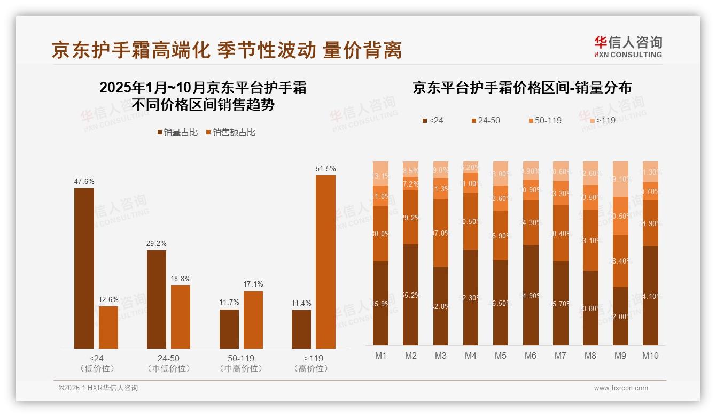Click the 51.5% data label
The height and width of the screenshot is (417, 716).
pyautogui.click(x=325, y=169)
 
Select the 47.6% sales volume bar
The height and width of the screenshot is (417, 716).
pyautogui.click(x=84, y=268)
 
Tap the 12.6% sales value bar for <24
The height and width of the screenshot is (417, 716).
pyautogui.click(x=108, y=327)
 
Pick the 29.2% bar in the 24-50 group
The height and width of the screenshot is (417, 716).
pyautogui.click(x=156, y=299)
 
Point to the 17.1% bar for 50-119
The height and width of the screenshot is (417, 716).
pyautogui.click(x=253, y=320)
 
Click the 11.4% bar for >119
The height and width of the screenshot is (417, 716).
pyautogui.click(x=301, y=329)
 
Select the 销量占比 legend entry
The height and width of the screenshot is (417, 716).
pyautogui.click(x=178, y=133)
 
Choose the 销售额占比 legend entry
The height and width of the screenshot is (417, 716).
pyautogui.click(x=230, y=133)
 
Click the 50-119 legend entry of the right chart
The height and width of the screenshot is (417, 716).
pyautogui.click(x=544, y=121)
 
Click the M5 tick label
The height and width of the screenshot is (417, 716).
pyautogui.click(x=500, y=356)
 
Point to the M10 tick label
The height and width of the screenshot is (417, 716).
pyautogui.click(x=650, y=356)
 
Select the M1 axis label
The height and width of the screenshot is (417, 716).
pyautogui.click(x=380, y=356)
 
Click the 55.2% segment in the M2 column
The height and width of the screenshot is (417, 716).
pyautogui.click(x=411, y=295)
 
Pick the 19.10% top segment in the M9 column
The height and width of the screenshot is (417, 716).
pyautogui.click(x=620, y=179)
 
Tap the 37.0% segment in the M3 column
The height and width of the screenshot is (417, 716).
pyautogui.click(x=441, y=233)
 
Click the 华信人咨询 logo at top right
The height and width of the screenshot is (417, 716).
pyautogui.click(x=628, y=47)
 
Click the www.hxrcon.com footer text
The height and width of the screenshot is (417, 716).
pyautogui.click(x=621, y=388)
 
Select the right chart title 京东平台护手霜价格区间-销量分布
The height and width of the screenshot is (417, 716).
pyautogui.click(x=522, y=88)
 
